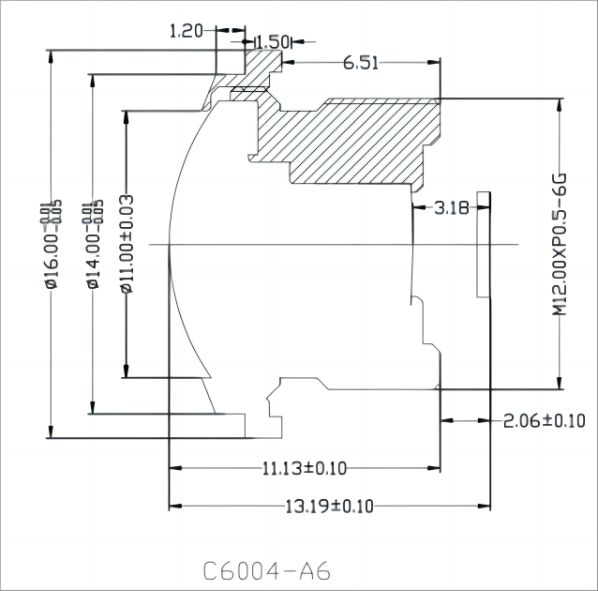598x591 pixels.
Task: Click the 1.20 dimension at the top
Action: [x=187, y=31]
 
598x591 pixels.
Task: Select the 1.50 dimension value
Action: [x=273, y=41]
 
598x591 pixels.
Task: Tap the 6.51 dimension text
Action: [x=361, y=63]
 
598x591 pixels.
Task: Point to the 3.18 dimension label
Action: [x=451, y=208]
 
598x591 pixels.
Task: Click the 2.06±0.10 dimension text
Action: [x=544, y=420]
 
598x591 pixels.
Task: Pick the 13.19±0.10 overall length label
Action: [x=329, y=507]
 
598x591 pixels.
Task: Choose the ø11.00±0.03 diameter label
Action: [x=127, y=245]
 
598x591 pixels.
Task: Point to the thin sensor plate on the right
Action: [x=483, y=244]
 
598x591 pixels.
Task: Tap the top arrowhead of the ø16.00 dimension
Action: [x=52, y=55]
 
